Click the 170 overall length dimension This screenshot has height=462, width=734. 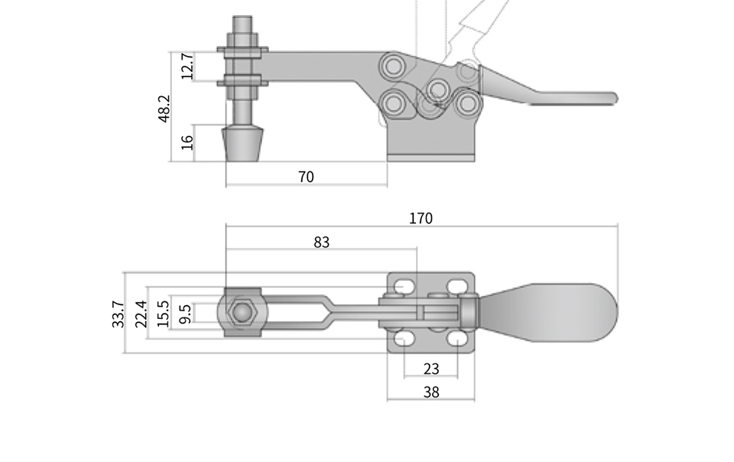point(421,219)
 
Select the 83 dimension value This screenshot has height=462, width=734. point(322,242)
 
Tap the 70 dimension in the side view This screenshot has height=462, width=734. point(306,177)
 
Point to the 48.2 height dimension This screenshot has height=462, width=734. point(164,109)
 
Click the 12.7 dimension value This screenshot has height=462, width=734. point(187,66)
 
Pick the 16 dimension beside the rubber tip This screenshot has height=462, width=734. point(187,142)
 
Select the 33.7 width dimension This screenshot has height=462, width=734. point(119,314)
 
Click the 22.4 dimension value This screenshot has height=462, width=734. point(141,314)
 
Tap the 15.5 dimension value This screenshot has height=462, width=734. point(164,314)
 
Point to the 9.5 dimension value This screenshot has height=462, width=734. point(185,314)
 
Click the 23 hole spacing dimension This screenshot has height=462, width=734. point(431,369)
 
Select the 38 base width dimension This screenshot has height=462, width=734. point(431,392)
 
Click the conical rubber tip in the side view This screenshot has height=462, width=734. point(242,144)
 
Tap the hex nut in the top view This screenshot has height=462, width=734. point(242,312)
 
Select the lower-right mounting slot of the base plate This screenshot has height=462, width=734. point(458,338)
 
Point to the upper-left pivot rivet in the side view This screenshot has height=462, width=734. point(393,66)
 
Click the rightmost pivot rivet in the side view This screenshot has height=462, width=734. point(466,103)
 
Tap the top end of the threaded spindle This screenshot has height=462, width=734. point(242,18)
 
